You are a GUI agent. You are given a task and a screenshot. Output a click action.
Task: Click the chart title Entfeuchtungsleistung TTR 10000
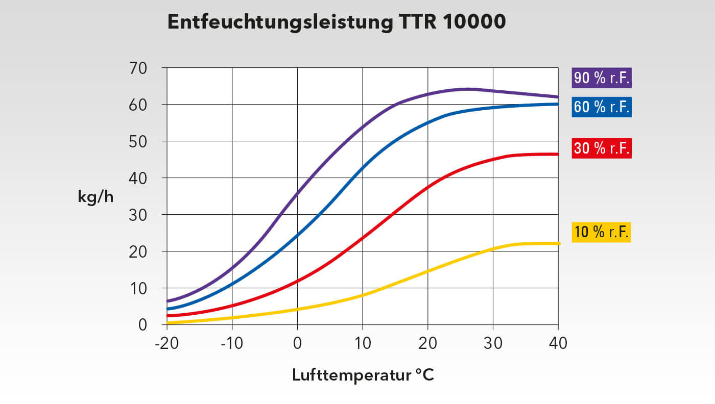(x=337, y=22)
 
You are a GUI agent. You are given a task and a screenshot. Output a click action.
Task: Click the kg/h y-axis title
(x=96, y=197)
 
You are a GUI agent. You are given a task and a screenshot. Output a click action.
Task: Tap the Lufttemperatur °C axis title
(x=363, y=375)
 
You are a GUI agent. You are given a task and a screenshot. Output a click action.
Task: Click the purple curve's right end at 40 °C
(x=558, y=96)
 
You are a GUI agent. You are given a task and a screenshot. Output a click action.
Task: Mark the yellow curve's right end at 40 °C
(x=558, y=243)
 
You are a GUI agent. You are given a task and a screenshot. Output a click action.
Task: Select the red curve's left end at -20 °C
(x=168, y=316)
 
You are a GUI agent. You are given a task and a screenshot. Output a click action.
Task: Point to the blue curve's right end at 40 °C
(x=558, y=104)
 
